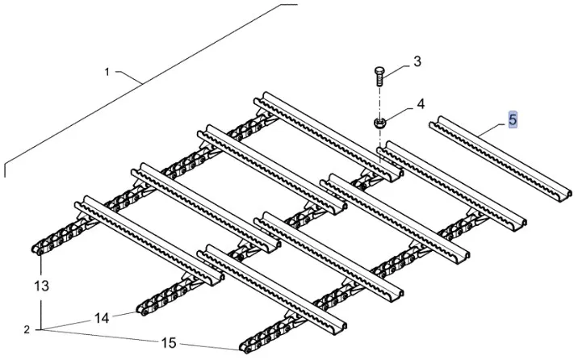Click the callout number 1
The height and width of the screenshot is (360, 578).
(x=107, y=72)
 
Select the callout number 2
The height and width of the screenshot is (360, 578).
(x=26, y=329)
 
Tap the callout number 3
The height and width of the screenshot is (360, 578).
(x=417, y=62)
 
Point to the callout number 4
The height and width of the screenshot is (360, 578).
(x=420, y=105)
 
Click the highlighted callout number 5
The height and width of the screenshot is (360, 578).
(x=513, y=120)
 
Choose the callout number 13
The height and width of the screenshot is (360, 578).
(x=42, y=285)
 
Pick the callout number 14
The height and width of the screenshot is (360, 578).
(x=101, y=318)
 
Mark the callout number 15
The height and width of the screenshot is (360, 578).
(x=168, y=343)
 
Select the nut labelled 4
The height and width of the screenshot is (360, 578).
(x=379, y=123)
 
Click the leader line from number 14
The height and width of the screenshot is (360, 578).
(x=124, y=315)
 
